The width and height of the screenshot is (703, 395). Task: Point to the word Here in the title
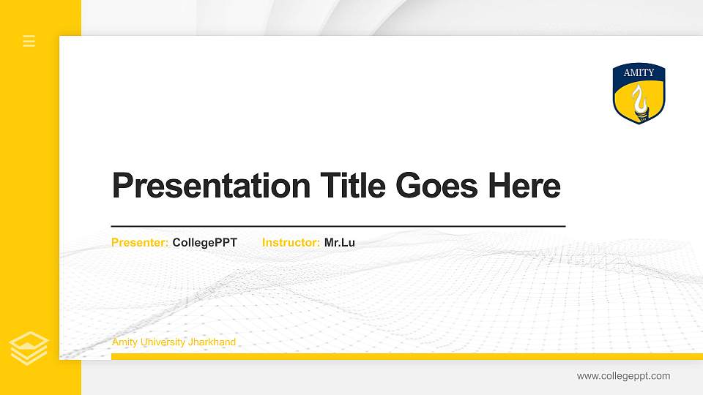coord(524,186)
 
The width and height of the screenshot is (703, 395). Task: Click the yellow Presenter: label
coord(140,242)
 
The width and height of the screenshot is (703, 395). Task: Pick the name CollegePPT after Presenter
coord(205,242)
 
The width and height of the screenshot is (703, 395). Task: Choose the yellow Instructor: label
coord(291,242)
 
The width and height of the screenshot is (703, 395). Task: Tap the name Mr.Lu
coord(340,242)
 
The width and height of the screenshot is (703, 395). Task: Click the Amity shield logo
coord(639,94)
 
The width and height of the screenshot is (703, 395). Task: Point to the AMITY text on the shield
coord(639,73)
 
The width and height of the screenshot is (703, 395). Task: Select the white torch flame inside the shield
coord(639,97)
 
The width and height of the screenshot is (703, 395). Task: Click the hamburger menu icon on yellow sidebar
coord(29,41)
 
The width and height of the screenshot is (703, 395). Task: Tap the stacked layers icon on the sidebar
coord(29,347)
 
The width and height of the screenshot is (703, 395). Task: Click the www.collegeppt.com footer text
coord(623,376)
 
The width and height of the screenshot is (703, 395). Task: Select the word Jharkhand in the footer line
coord(212,342)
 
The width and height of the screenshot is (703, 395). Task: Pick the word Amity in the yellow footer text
coord(124,342)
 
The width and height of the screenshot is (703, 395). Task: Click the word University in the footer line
coord(163,342)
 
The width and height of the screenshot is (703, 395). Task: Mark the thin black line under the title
coord(338,227)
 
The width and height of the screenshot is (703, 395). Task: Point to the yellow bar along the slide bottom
coord(403,356)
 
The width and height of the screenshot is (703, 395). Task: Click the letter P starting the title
coord(122,186)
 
